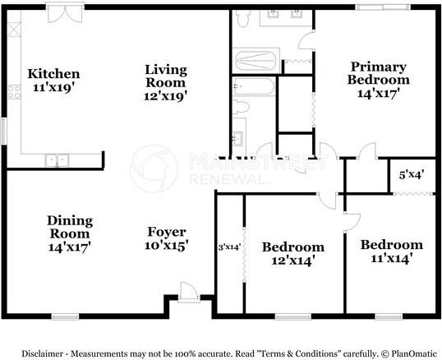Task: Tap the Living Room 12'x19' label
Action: [x=166, y=81]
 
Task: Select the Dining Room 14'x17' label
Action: [x=69, y=233]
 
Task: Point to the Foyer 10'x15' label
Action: [x=167, y=238]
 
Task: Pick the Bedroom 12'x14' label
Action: [x=292, y=253]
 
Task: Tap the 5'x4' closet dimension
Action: [x=411, y=175]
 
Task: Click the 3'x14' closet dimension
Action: [x=228, y=246]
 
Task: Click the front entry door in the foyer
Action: [x=188, y=291]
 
